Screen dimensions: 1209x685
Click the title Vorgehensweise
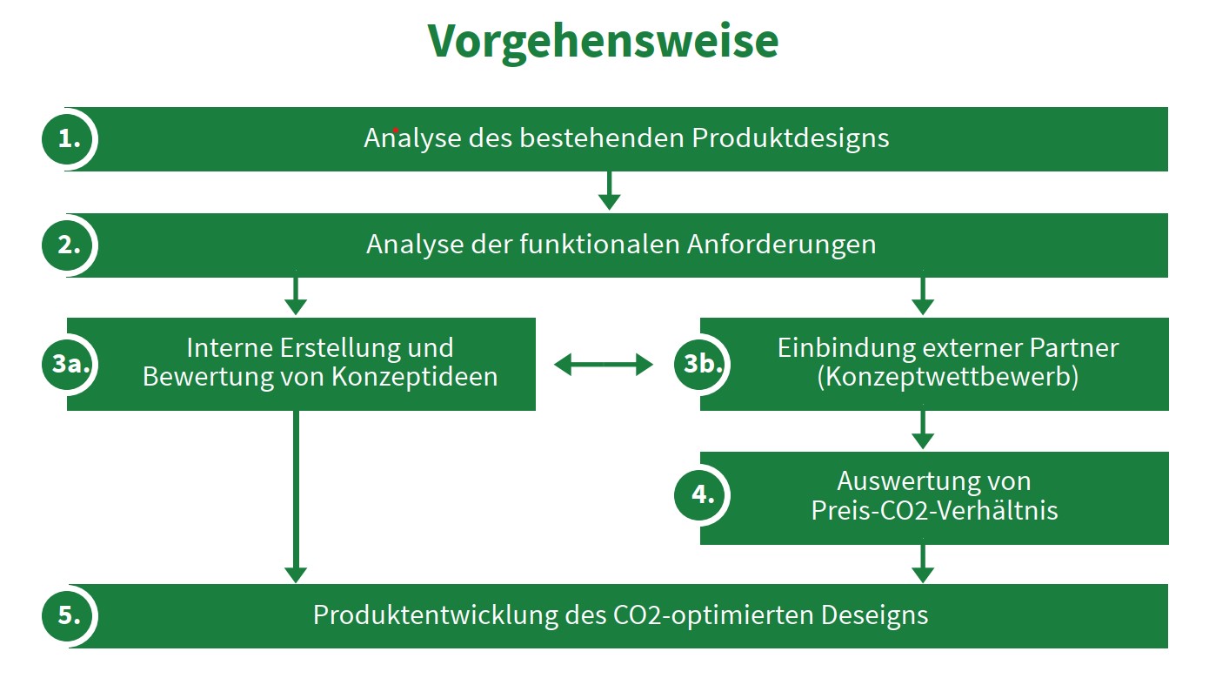[x=603, y=42]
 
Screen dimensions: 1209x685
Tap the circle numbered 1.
[x=69, y=139]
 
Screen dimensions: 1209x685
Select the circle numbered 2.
[x=69, y=245]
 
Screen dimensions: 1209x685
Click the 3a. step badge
[x=69, y=364]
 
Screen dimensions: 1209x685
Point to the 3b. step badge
[x=700, y=364]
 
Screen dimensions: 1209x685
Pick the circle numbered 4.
[x=700, y=495]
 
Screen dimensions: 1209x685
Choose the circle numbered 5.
[x=69, y=615]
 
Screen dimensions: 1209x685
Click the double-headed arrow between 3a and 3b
[x=604, y=365]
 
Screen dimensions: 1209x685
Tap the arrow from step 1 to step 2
[x=610, y=191]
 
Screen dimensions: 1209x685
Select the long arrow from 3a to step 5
[x=296, y=496]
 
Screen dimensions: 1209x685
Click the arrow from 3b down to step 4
[x=923, y=430]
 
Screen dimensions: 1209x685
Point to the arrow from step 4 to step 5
[x=923, y=563]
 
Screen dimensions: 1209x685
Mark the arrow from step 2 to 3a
[x=296, y=296]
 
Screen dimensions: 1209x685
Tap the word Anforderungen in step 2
[x=782, y=245]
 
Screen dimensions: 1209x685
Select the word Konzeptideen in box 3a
[x=415, y=378]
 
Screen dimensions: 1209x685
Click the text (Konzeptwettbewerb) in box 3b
[x=948, y=377]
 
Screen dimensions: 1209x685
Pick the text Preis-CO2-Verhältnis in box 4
[x=934, y=511]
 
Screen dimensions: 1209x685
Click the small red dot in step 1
[x=396, y=131]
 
